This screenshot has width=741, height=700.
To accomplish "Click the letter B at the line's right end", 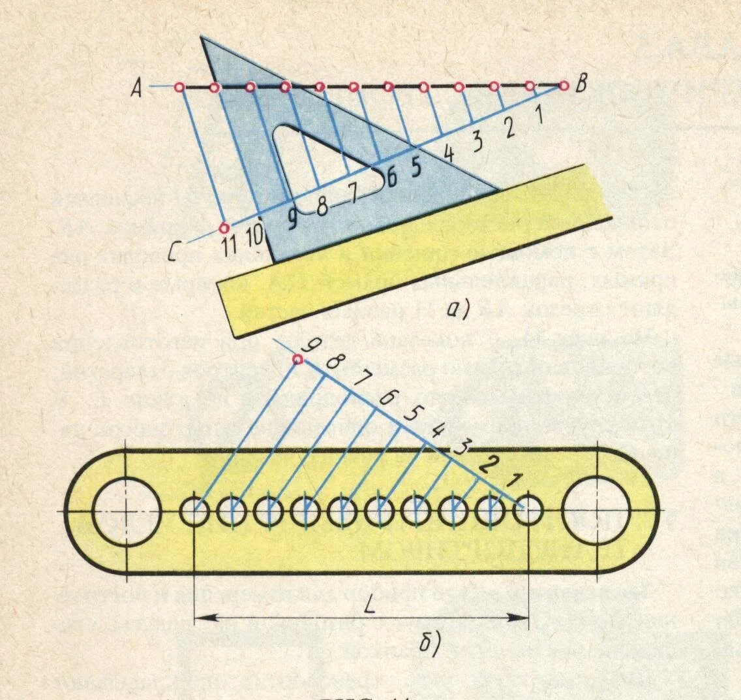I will click(581, 86).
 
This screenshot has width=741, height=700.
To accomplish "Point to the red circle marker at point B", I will click(563, 85).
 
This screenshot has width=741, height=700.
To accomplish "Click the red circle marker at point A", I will click(180, 87).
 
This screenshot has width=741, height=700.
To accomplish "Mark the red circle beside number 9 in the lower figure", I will click(298, 359).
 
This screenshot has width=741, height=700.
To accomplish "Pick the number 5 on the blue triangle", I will click(416, 167).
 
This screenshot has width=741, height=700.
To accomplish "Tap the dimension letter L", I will click(369, 599).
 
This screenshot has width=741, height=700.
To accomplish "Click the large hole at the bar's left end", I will click(127, 509).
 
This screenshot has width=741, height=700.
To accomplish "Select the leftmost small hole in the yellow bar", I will click(194, 510).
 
